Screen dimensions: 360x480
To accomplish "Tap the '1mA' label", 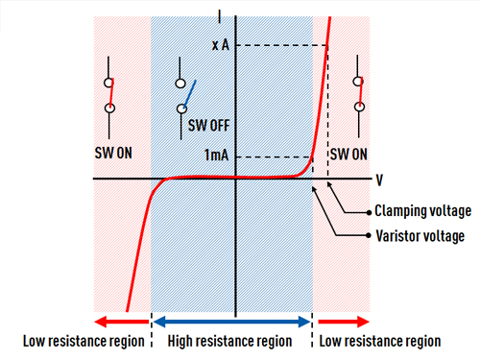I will click(x=216, y=156).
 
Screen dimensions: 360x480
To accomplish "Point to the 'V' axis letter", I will click(x=380, y=179).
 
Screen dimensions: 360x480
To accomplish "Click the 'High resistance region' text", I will click(x=230, y=341).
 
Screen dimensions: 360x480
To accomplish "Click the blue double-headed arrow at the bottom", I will click(x=230, y=321).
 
